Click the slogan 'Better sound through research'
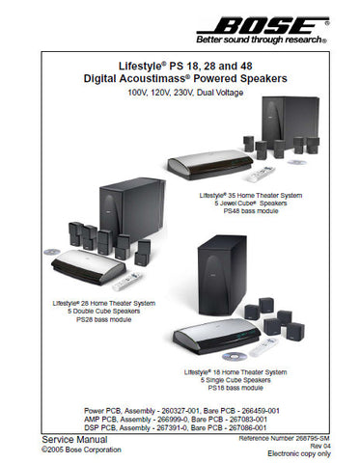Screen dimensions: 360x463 pyautogui.click(x=261, y=41)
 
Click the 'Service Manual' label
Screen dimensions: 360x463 pyautogui.click(x=50, y=438)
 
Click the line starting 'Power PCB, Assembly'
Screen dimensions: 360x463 pyautogui.click(x=180, y=410)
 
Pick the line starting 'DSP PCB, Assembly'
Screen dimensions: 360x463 pyautogui.click(x=180, y=427)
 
